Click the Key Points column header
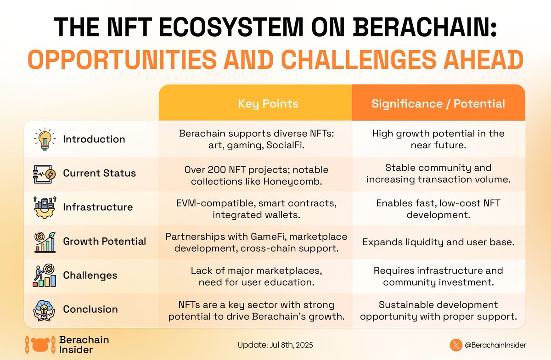tap(268, 104)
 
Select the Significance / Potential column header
tap(438, 104)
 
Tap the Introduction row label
tap(94, 139)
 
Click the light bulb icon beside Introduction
tap(45, 139)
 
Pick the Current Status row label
tap(99, 174)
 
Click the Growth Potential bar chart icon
tap(45, 242)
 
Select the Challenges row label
tap(90, 276)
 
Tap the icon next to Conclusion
tap(45, 309)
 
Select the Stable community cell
tap(438, 174)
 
